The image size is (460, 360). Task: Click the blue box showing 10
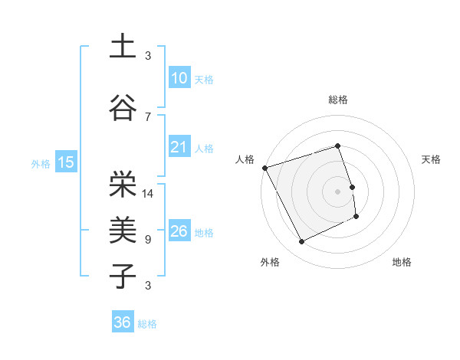coord(179,78)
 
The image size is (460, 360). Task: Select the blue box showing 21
coord(179,148)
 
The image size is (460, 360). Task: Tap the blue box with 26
coord(179,231)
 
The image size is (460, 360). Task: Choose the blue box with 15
coord(65,162)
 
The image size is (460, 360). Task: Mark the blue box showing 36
coord(122,322)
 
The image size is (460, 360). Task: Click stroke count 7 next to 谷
coord(148,116)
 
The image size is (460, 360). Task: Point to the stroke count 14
coord(148,194)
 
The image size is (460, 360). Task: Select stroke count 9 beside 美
coord(148,240)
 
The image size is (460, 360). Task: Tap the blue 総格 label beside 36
coord(147,324)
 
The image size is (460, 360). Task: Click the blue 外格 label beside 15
coord(40,163)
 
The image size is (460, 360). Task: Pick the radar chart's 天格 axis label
coord(432,159)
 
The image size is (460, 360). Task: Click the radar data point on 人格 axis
coord(264,167)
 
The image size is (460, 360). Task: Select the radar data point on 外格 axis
coord(301,242)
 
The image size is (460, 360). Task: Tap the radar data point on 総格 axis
coord(337,146)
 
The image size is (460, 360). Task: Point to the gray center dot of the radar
coord(337,191)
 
